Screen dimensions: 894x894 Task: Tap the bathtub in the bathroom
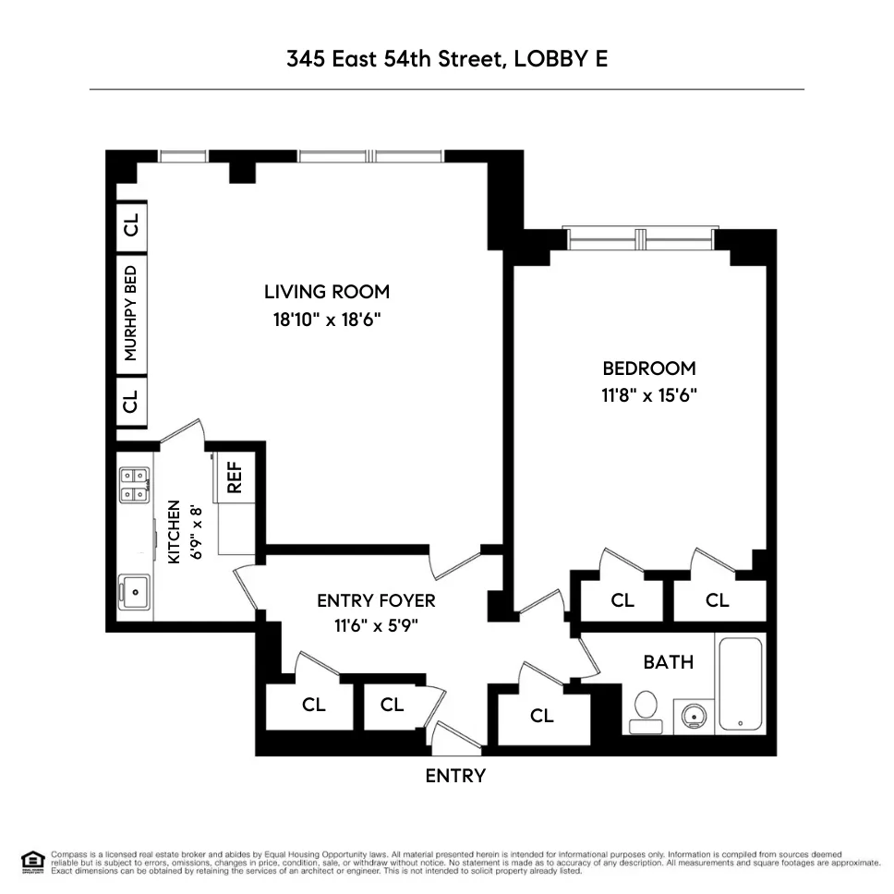(741, 683)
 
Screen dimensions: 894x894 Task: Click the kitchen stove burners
(134, 484)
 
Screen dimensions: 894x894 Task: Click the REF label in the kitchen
(235, 477)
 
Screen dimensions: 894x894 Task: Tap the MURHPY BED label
(131, 313)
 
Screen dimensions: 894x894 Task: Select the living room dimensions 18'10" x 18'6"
(327, 320)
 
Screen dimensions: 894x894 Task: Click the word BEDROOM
(647, 368)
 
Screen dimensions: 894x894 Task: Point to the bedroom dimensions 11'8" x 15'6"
(647, 395)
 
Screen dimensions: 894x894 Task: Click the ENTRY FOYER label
(376, 600)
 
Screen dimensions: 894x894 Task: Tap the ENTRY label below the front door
(454, 776)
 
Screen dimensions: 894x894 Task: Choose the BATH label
(668, 662)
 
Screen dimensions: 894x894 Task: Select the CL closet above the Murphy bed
(131, 224)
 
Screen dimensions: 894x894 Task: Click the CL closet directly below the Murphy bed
(131, 402)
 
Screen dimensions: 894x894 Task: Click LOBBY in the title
(546, 59)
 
